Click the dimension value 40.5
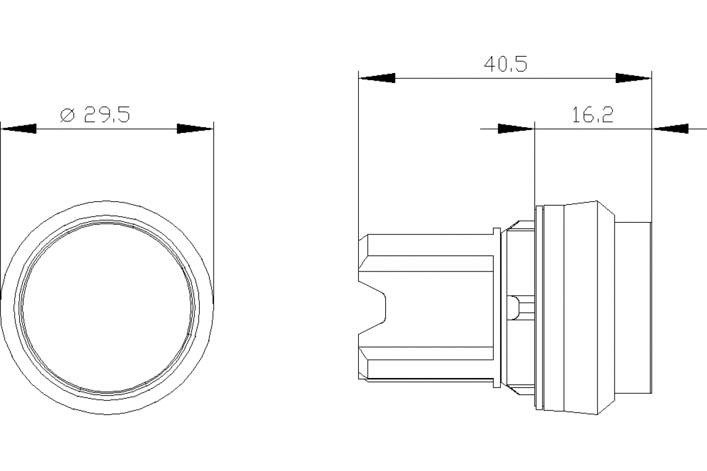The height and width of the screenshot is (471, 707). pyautogui.click(x=505, y=64)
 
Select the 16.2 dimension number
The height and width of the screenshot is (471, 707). pyautogui.click(x=592, y=115)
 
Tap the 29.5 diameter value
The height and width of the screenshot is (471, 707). pyautogui.click(x=107, y=115)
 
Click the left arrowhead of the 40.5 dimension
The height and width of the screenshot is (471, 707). pyautogui.click(x=377, y=78)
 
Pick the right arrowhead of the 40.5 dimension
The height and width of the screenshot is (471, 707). pyautogui.click(x=634, y=78)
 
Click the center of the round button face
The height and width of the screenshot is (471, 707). pyautogui.click(x=107, y=308)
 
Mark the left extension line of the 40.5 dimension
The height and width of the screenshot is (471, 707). pyautogui.click(x=358, y=153)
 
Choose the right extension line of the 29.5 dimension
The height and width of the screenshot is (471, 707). pyautogui.click(x=213, y=206)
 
